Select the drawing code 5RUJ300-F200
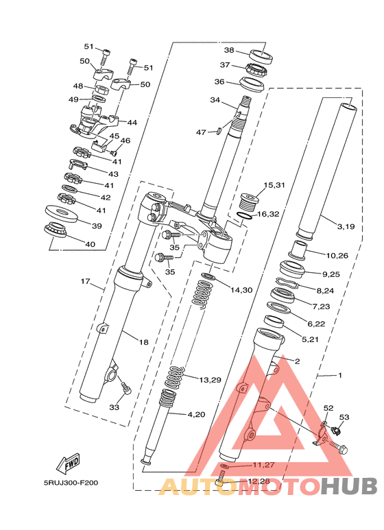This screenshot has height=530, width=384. click(x=71, y=483)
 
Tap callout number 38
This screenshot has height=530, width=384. click(x=229, y=50)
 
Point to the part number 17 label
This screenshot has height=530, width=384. click(x=86, y=281)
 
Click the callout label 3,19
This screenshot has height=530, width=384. click(x=346, y=226)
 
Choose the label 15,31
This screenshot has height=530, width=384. click(x=274, y=185)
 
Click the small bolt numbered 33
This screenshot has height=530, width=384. click(x=125, y=388)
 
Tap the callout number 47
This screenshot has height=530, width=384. click(x=201, y=132)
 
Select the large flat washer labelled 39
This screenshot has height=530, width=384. click(x=62, y=213)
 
